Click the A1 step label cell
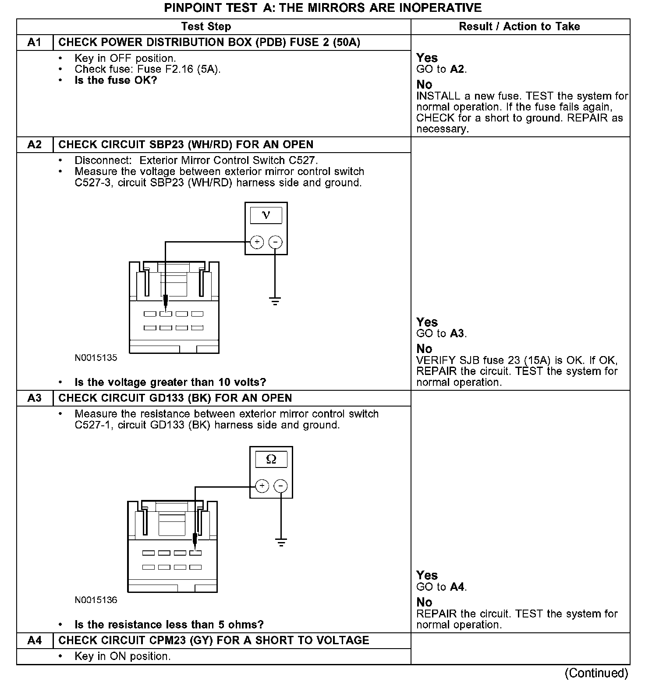(34, 43)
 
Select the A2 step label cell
(34, 145)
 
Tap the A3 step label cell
(34, 398)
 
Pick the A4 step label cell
(34, 641)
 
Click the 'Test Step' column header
(206, 27)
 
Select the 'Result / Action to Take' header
(519, 27)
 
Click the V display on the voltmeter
(266, 215)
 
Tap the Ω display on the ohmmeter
(271, 459)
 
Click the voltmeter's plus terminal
(257, 242)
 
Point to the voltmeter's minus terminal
(275, 242)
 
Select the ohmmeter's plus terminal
(262, 486)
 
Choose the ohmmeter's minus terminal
(280, 486)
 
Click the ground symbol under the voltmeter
(275, 301)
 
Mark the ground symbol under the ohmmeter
(281, 542)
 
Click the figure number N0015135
(96, 358)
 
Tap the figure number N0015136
(96, 600)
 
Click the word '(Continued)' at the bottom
(596, 673)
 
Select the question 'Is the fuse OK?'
(116, 80)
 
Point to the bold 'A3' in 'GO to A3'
(457, 334)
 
